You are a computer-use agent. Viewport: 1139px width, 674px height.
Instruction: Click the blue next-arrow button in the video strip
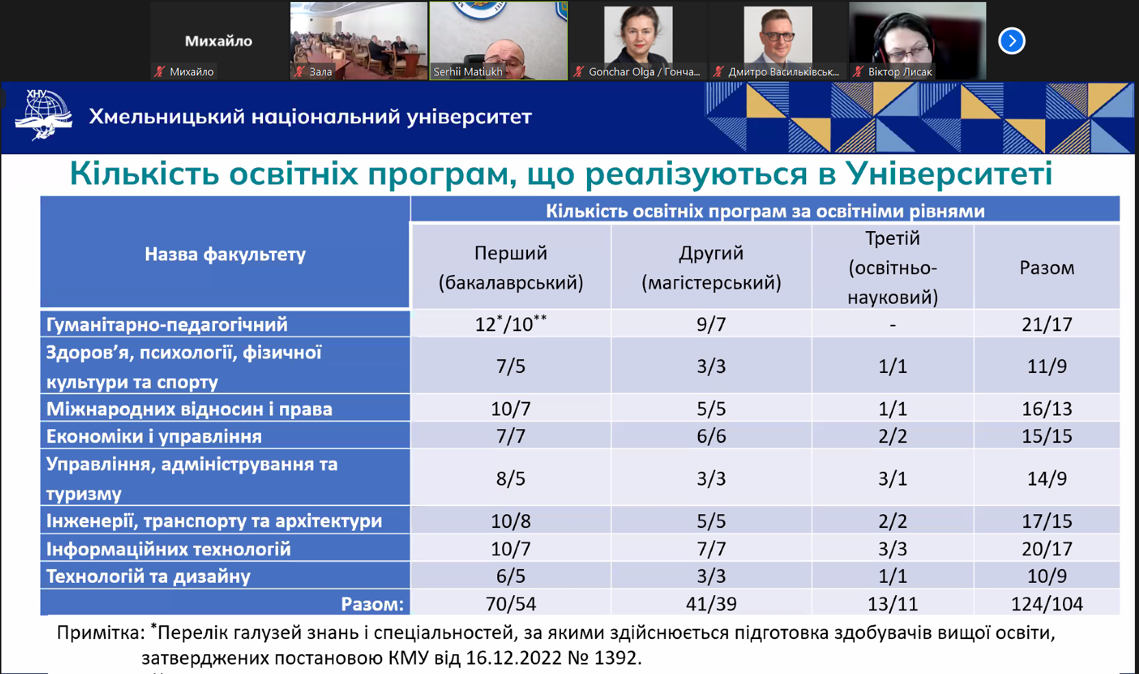pos(1012,40)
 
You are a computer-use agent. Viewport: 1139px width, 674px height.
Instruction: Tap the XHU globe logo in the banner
pos(43,115)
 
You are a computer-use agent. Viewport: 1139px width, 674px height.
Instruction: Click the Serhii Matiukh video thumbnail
pos(499,40)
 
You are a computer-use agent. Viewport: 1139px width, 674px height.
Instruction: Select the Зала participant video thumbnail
pos(358,40)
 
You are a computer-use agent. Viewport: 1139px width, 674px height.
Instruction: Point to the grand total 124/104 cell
pos(1047,604)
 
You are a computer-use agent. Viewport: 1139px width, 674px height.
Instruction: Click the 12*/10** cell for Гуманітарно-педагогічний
pos(510,323)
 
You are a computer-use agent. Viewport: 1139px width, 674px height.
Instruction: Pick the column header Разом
pos(1047,268)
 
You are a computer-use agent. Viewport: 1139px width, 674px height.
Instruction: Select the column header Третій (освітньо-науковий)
pos(892,268)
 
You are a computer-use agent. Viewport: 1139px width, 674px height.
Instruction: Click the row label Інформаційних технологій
pos(168,549)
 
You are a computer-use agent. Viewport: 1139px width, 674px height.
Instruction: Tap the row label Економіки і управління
pos(154,436)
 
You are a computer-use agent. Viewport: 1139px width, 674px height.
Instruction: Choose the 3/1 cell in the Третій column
pos(892,479)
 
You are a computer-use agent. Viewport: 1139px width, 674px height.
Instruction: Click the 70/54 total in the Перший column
pos(510,604)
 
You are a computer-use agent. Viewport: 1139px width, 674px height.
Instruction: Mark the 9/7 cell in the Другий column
pos(711,324)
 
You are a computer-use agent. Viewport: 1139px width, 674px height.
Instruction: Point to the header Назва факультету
pos(225,254)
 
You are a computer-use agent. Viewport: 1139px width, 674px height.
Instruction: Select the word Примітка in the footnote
pos(101,633)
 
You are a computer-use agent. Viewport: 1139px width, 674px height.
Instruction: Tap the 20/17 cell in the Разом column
pos(1047,549)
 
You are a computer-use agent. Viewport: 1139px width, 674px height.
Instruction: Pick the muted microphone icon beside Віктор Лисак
pos(858,72)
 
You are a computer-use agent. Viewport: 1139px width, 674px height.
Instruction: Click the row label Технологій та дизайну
pos(149,576)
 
